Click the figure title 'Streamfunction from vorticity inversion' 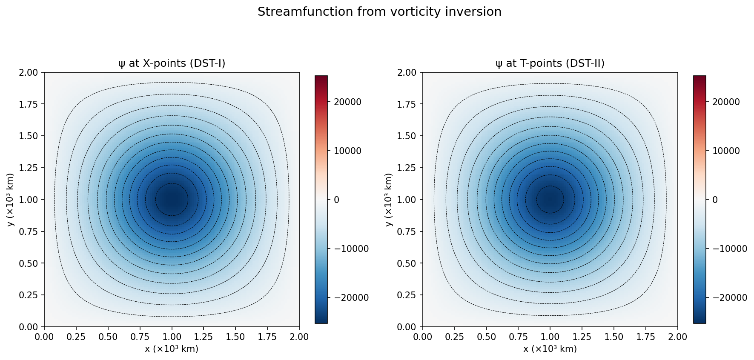pos(379,12)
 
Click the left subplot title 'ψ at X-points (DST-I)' pos(172,63)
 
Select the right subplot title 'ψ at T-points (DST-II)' pos(550,63)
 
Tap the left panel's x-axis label pos(172,349)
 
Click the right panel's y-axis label pos(389,200)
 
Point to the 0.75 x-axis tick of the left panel pos(140,337)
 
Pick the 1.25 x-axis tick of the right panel pos(582,337)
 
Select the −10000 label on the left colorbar pos(351,249)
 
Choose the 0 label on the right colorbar pos(715,200)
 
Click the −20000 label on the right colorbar pos(730,298)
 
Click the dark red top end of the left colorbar pos(321,78)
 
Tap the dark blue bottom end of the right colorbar pos(700,320)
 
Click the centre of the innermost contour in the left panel pos(172,200)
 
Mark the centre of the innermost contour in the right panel pos(550,199)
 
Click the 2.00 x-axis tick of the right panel pos(677,337)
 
